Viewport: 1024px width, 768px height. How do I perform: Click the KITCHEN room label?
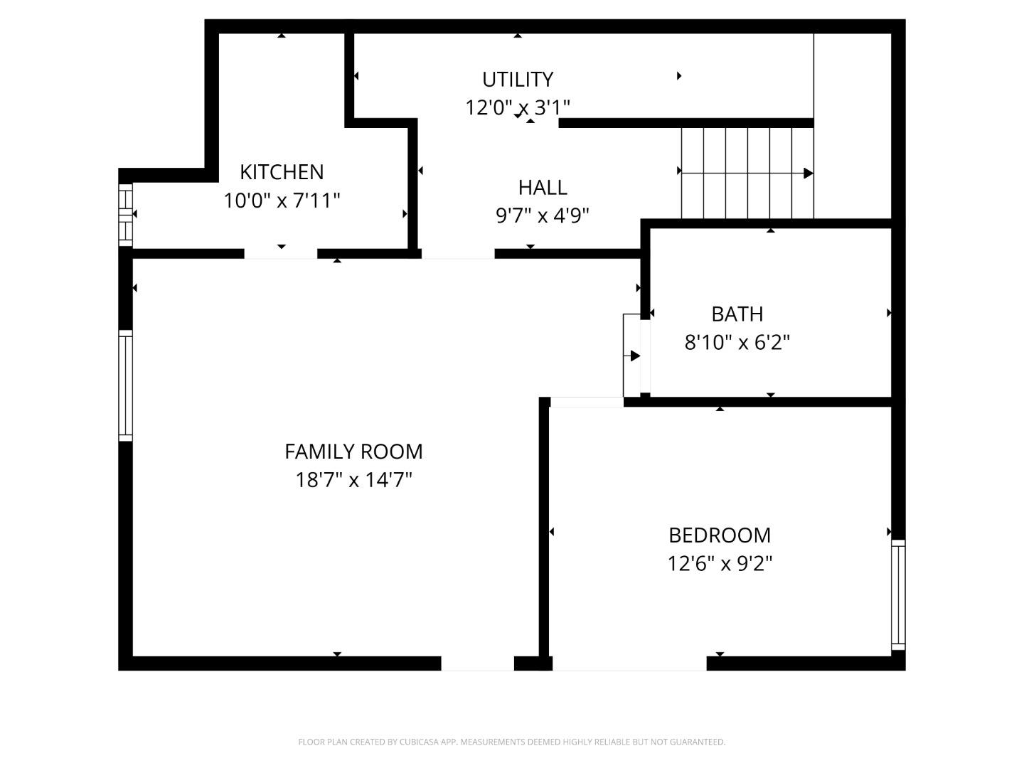click(282, 172)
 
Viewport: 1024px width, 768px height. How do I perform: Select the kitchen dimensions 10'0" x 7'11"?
click(282, 201)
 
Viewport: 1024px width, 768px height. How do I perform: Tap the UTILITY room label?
click(517, 79)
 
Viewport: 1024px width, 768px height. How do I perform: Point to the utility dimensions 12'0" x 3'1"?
click(517, 108)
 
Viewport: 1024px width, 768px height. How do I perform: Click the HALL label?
click(543, 188)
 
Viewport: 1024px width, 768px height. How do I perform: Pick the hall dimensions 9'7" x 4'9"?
click(543, 215)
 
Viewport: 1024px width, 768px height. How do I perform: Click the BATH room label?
click(737, 314)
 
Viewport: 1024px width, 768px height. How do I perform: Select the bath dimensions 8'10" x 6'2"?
click(737, 343)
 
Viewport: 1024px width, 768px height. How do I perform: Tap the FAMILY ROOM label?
click(353, 452)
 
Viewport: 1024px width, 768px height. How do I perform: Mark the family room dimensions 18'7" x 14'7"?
click(353, 480)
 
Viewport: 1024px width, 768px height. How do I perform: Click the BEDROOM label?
click(720, 535)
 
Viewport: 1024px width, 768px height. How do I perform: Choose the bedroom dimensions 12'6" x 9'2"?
click(720, 564)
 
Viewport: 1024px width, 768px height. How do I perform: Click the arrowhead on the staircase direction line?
click(808, 173)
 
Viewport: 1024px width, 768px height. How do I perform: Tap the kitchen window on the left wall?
click(125, 215)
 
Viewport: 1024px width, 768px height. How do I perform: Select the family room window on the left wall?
click(125, 385)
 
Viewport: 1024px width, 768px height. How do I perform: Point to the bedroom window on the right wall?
click(898, 594)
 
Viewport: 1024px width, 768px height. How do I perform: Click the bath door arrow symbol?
click(634, 356)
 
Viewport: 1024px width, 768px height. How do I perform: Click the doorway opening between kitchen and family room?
click(281, 254)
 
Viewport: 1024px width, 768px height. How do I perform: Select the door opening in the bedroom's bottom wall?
click(629, 663)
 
